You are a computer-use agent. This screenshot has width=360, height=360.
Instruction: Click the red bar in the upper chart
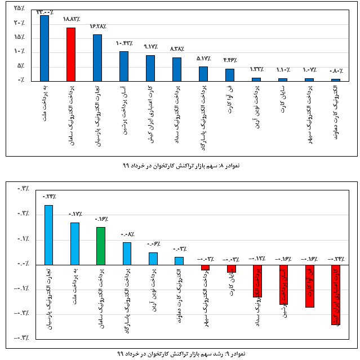tap(71, 54)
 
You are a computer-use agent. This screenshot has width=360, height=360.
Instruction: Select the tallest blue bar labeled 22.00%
tap(45, 48)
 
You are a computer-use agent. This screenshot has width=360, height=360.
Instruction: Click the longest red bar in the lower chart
tap(336, 295)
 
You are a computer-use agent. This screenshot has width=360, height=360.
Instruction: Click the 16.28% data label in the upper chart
tap(97, 26)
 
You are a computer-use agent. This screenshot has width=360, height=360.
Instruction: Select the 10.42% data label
tap(123, 44)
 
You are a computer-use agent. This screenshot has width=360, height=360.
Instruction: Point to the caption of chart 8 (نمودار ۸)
tap(173, 166)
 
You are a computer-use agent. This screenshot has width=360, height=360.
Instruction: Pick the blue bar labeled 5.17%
tap(203, 74)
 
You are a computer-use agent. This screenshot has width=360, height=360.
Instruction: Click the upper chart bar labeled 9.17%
tap(150, 68)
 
